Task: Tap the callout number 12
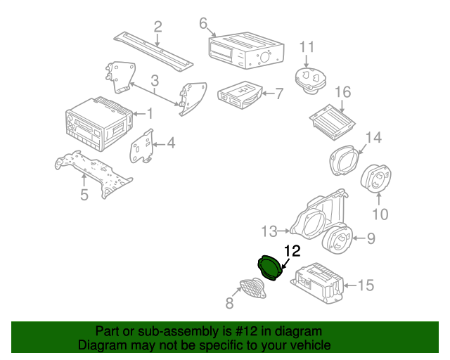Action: coord(292,251)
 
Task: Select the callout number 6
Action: coord(203,23)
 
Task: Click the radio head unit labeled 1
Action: coord(99,124)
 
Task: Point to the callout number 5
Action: coord(84,195)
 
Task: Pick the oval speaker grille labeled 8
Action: coord(253,288)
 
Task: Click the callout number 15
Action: coord(366,285)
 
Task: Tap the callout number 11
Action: coord(307,47)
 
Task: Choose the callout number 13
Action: coord(269,231)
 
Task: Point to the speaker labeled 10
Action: coord(376,179)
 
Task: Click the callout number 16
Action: coord(343,92)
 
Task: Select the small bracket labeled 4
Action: coord(142,146)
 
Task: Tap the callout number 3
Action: coord(155,81)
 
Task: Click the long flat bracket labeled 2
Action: coord(153,51)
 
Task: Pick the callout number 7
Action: coord(279,94)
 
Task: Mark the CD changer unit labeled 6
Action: coord(246,50)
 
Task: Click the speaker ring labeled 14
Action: coord(344,160)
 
